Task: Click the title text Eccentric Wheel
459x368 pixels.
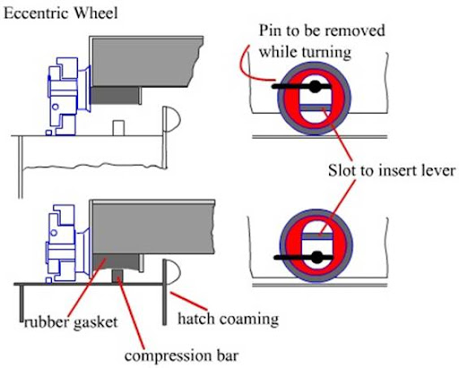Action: (x=61, y=13)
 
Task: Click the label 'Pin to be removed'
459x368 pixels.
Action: (x=322, y=30)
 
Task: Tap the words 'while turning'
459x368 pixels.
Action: (x=305, y=52)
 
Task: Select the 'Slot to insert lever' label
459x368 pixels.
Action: (x=392, y=170)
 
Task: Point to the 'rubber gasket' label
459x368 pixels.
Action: (x=71, y=322)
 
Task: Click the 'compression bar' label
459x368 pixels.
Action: (x=182, y=355)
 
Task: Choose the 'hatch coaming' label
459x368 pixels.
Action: (x=229, y=319)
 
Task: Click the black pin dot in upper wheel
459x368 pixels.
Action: (x=315, y=87)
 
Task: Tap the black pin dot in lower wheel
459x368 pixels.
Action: (x=317, y=257)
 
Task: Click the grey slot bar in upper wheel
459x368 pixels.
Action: (x=316, y=107)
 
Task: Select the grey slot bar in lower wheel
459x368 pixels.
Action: (x=317, y=236)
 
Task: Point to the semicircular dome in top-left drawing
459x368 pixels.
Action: (x=172, y=119)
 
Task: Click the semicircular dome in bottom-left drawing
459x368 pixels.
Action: (x=172, y=271)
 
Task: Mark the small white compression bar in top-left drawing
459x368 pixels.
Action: (x=118, y=128)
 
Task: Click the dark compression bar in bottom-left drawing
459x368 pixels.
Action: (x=117, y=276)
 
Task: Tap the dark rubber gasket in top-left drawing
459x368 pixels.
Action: (x=115, y=96)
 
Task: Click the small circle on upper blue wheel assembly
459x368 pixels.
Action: (x=55, y=107)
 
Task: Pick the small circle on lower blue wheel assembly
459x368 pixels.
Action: (x=54, y=233)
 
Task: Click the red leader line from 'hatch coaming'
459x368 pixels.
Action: (x=188, y=301)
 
